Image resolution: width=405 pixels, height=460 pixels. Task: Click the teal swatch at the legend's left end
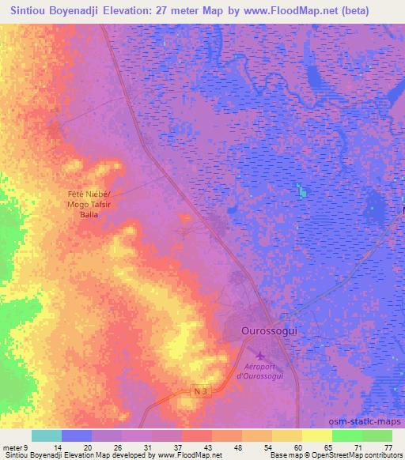pyautogui.click(x=46, y=435)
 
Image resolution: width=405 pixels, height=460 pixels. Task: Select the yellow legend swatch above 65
pyautogui.click(x=316, y=435)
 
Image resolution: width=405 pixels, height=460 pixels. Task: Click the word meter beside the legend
pyautogui.click(x=13, y=447)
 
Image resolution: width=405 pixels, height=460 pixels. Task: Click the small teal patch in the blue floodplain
pyautogui.click(x=300, y=190)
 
